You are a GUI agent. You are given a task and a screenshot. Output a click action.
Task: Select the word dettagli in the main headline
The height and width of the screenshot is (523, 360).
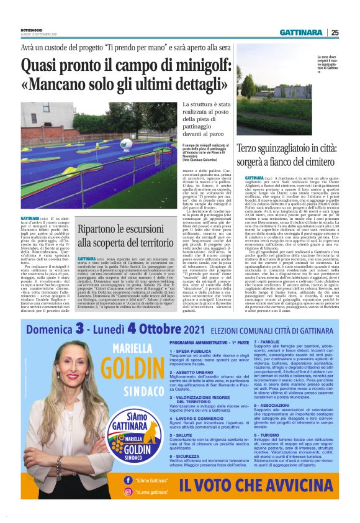pos(186,84)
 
